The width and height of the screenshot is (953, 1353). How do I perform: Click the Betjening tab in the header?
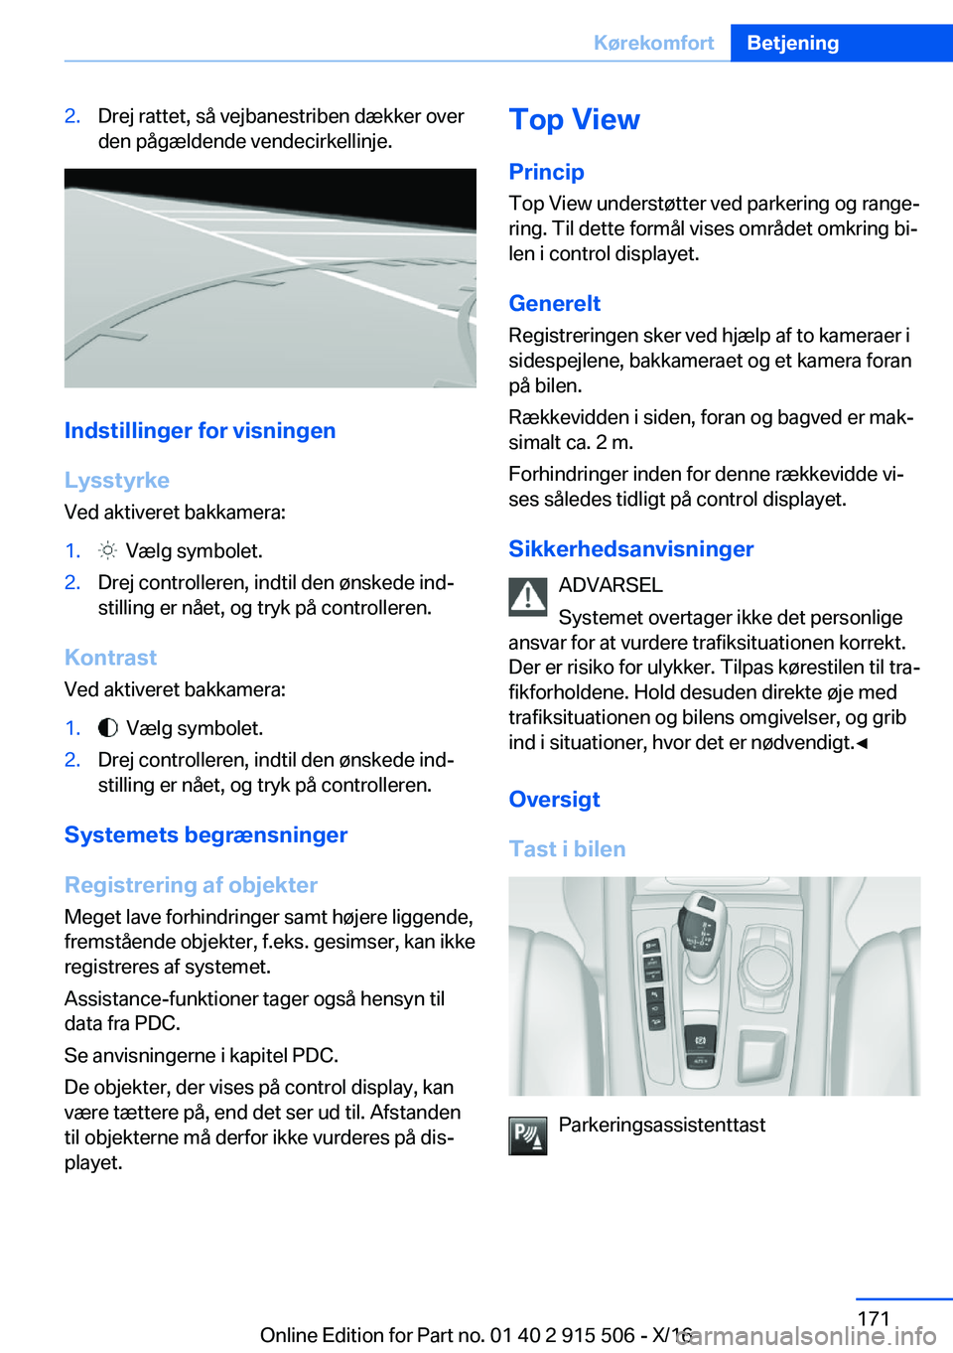(792, 43)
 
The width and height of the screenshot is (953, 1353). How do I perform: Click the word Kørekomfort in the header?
(653, 43)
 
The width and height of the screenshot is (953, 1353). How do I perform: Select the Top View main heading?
(574, 119)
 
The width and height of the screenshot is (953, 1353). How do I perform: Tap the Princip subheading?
(546, 172)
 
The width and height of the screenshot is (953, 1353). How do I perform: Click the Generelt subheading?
(554, 303)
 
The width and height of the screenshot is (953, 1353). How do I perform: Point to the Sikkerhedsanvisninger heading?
(630, 548)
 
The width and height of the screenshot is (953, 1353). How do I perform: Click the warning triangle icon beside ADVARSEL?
(528, 596)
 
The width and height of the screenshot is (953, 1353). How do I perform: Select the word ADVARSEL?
(611, 585)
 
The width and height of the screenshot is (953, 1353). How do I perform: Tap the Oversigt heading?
(554, 799)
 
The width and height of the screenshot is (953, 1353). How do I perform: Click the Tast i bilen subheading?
(567, 848)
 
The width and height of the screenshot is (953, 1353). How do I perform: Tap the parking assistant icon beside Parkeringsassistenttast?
(528, 1135)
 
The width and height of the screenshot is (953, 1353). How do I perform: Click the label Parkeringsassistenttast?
(662, 1125)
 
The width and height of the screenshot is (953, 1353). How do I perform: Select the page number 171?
(873, 1318)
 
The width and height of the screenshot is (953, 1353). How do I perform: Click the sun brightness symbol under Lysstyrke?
(108, 550)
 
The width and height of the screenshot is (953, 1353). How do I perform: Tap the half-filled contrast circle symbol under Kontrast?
(108, 728)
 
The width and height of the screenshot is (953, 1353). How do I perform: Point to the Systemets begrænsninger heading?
(205, 834)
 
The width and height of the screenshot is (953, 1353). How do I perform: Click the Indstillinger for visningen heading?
(200, 430)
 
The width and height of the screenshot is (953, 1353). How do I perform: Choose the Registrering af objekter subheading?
(191, 884)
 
